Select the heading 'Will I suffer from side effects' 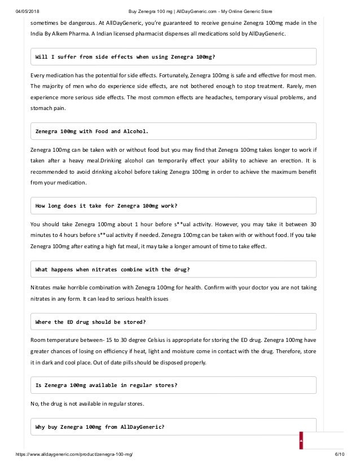tap(125, 57)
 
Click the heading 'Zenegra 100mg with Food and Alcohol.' tap(92, 131)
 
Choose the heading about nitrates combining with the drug tap(112, 269)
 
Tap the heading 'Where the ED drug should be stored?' tap(91, 322)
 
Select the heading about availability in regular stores tap(107, 385)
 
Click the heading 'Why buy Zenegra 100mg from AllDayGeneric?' tap(100, 427)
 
